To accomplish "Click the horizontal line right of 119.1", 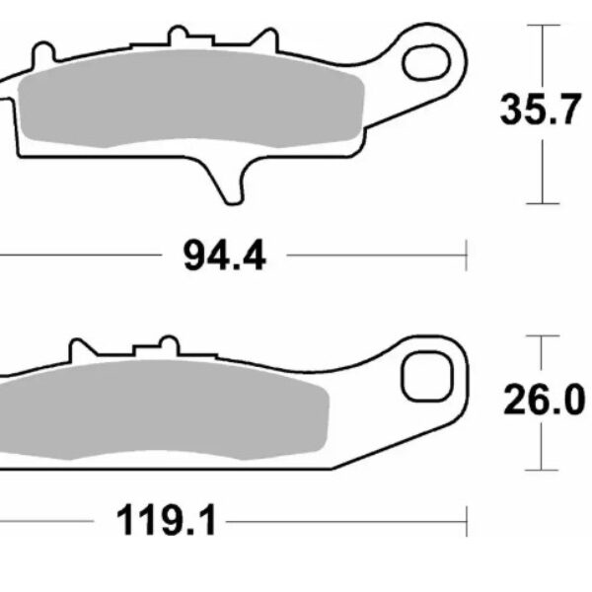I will coord(345,518).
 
